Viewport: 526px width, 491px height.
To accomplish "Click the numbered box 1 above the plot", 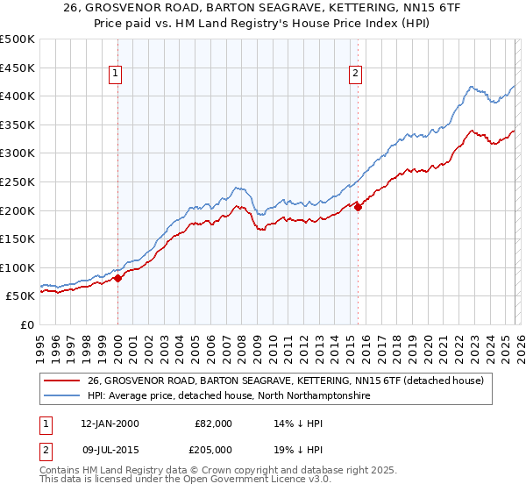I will [117, 75].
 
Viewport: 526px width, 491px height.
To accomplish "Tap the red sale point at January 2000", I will [117, 278].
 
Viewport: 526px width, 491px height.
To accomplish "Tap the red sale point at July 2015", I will [358, 208].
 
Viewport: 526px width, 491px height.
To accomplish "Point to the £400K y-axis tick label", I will [18, 96].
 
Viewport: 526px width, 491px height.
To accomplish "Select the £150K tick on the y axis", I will [18, 238].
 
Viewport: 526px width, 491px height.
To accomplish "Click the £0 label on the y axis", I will [26, 324].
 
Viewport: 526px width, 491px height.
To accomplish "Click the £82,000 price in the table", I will [213, 423].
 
